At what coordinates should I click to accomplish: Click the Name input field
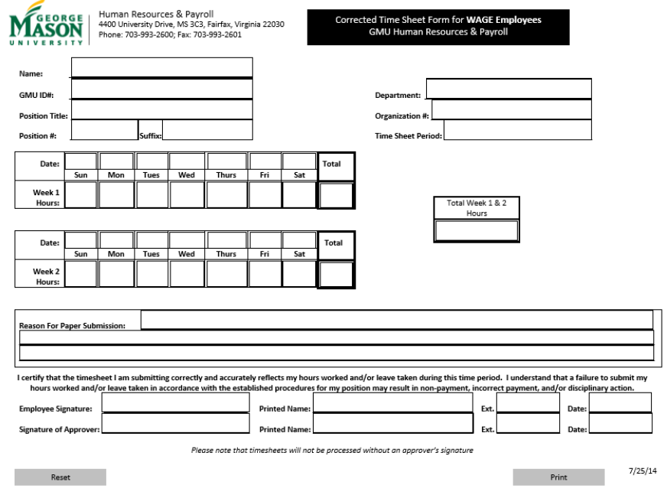click(x=161, y=67)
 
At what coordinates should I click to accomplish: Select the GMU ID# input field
click(x=161, y=89)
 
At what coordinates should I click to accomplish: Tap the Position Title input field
click(x=161, y=110)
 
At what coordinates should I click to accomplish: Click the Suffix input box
click(x=207, y=130)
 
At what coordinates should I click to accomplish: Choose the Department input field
click(x=508, y=89)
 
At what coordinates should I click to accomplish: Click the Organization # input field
click(x=511, y=110)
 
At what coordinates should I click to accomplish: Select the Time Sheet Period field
click(x=517, y=130)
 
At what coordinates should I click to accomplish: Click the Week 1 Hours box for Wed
click(x=187, y=195)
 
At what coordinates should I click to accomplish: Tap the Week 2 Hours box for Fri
click(x=265, y=274)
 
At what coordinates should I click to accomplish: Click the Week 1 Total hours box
click(x=336, y=195)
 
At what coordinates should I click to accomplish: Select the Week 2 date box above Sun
click(x=80, y=240)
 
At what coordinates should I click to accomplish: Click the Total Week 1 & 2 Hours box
click(x=477, y=230)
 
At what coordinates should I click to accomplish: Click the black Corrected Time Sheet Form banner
click(x=438, y=27)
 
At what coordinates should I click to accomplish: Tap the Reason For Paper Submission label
click(x=72, y=325)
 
